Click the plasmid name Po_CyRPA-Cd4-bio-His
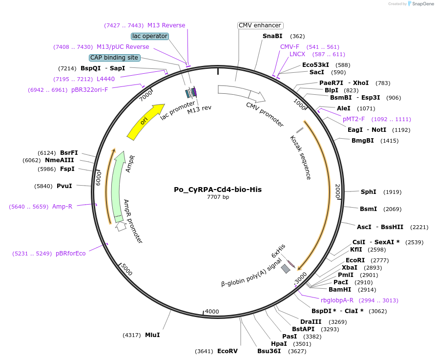[218, 190]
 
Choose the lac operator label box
[150, 36]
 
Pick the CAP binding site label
[115, 58]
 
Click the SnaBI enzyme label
[272, 36]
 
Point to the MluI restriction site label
[152, 335]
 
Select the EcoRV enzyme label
[227, 351]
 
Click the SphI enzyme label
[368, 192]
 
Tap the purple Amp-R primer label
[62, 207]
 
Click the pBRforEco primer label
[70, 254]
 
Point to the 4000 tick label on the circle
[212, 311]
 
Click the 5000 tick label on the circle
[126, 269]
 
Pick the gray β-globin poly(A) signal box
[286, 269]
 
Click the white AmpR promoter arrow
[120, 226]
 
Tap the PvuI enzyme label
[64, 186]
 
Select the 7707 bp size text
[218, 197]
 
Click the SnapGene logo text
[422, 4]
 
